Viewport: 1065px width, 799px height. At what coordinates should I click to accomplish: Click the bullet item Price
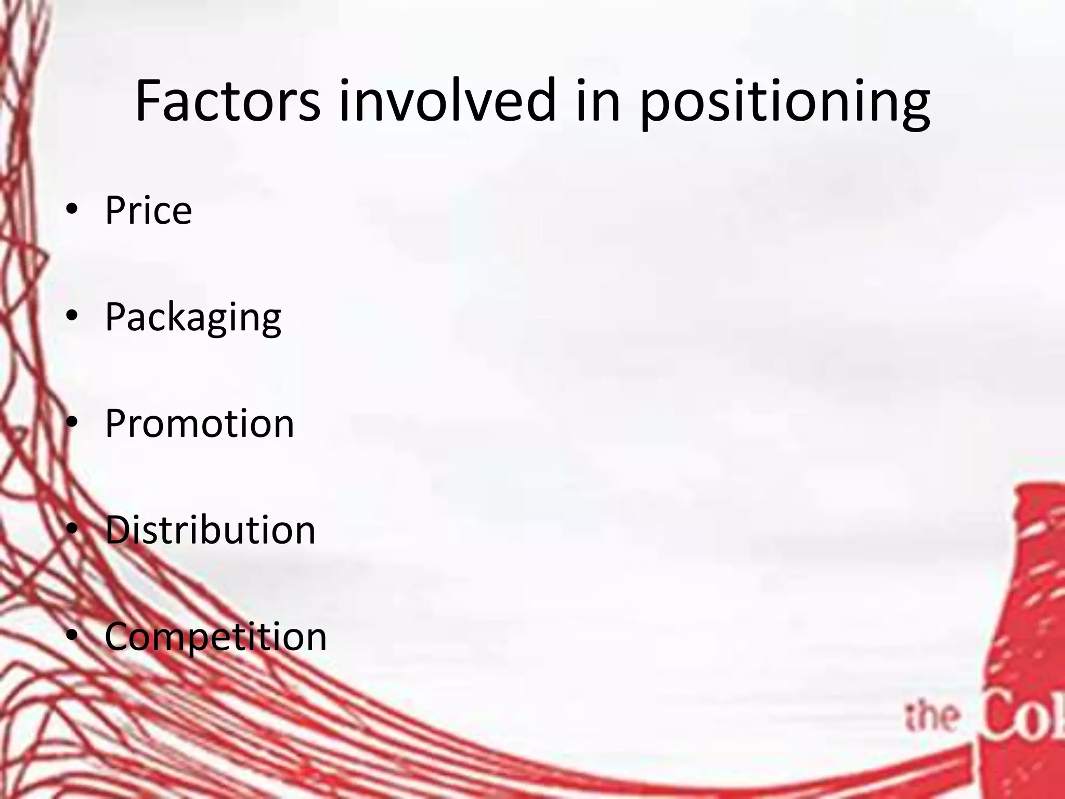[148, 210]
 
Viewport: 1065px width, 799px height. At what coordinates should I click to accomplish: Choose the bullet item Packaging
[193, 317]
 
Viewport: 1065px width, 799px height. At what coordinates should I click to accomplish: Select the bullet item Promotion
[199, 423]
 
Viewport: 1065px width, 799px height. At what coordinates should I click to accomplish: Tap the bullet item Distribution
[210, 530]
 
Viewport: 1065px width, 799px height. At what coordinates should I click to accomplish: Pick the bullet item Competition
[215, 636]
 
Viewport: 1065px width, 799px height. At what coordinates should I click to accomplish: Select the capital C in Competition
[120, 636]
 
